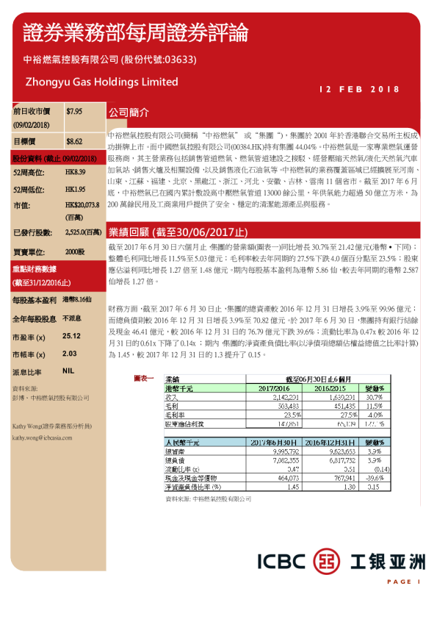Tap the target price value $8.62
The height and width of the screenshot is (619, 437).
click(x=73, y=140)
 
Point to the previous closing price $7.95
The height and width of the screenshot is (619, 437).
click(x=73, y=111)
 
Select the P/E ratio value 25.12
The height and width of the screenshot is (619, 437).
click(x=72, y=336)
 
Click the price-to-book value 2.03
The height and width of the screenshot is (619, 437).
click(x=71, y=354)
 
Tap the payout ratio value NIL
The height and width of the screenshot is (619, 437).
click(x=69, y=372)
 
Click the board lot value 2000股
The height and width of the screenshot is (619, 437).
click(x=75, y=251)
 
